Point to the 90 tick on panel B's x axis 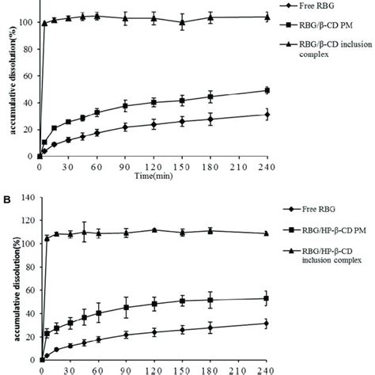pyautogui.click(x=125, y=369)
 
